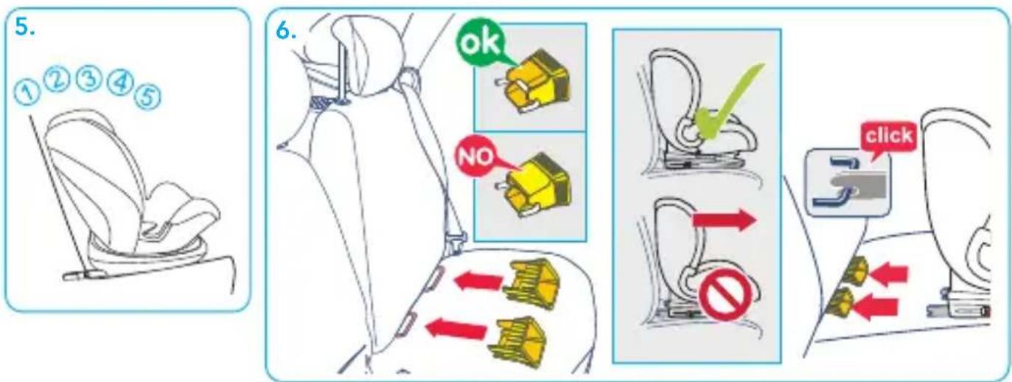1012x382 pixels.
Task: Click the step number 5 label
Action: pos(25,28)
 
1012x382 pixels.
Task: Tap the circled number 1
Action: pos(27,93)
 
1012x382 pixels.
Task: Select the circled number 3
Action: pos(88,79)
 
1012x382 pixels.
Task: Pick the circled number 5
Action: pos(147,97)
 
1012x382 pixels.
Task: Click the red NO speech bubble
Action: pos(477,156)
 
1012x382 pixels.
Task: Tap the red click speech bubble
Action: pos(889,137)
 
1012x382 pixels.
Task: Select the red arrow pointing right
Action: pos(725,220)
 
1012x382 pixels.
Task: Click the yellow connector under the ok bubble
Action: pos(533,83)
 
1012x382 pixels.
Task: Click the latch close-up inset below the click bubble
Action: pos(849,183)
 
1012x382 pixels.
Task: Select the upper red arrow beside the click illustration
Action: pos(887,274)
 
